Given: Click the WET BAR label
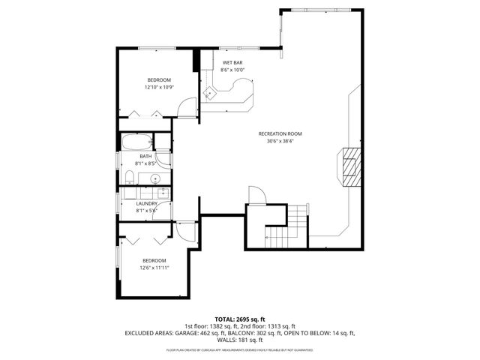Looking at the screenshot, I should point(232,62).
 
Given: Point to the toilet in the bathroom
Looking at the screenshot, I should point(129,177).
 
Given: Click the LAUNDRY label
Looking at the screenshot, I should point(146,203).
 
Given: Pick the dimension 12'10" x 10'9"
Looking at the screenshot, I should point(159,87).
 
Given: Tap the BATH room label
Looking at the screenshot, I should point(145,157).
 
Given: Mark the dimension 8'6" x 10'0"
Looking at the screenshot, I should point(232,70).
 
